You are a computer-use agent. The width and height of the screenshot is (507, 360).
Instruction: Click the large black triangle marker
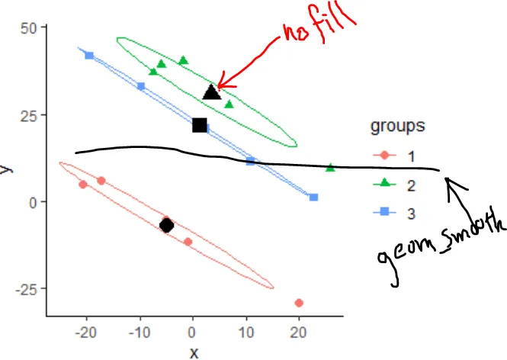click(x=212, y=93)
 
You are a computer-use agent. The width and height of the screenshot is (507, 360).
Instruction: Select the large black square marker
click(x=200, y=125)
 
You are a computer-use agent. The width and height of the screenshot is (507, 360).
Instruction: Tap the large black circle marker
click(x=167, y=225)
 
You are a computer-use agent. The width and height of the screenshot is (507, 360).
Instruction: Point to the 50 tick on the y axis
click(x=33, y=27)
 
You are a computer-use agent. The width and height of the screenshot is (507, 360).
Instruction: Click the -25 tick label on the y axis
click(x=28, y=288)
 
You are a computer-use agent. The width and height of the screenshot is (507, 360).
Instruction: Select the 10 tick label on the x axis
click(x=245, y=333)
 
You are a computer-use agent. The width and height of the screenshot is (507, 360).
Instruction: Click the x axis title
click(x=194, y=352)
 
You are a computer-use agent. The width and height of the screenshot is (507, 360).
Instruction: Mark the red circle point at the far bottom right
click(x=299, y=303)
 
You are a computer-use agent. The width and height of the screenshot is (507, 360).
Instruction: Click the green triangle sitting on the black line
click(x=330, y=168)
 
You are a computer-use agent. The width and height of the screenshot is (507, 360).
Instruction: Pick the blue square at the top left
click(x=89, y=56)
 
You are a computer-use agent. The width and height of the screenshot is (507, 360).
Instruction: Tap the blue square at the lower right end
click(x=313, y=198)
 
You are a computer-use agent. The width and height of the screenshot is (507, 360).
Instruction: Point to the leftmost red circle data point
click(x=83, y=185)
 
